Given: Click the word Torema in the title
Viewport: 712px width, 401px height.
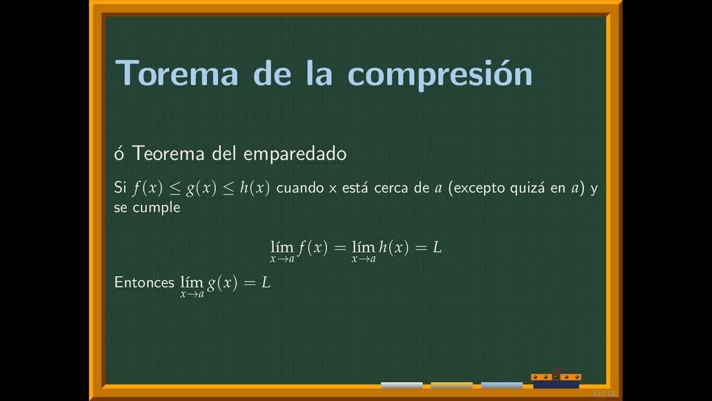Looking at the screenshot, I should (176, 73).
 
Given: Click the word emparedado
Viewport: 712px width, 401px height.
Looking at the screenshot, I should (295, 154).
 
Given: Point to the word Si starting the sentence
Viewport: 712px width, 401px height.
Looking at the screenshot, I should (120, 188).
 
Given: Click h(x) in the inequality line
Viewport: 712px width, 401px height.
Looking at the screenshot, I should (255, 188).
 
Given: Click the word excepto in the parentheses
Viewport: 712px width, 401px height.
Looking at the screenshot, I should (480, 188).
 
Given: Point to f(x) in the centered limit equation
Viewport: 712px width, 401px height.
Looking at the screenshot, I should (313, 248).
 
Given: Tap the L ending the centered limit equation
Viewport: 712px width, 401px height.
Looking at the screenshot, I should (437, 248).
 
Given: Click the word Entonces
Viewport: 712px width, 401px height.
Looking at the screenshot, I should (144, 282).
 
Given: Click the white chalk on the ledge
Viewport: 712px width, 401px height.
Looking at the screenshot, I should (402, 385).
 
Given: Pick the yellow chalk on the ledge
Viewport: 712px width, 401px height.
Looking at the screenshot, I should (451, 385).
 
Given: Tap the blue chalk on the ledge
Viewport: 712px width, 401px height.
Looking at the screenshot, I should (501, 385).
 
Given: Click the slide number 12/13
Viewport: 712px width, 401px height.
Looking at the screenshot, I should (604, 394).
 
